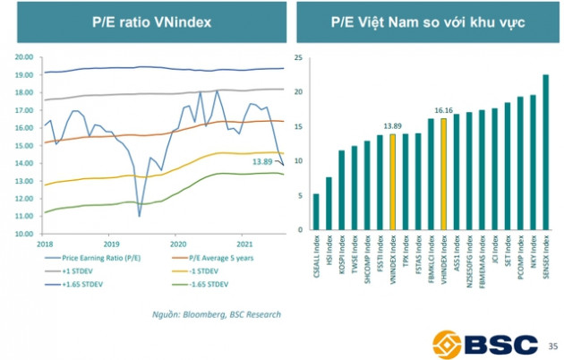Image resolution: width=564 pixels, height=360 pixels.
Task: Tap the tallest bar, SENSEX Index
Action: [546, 151]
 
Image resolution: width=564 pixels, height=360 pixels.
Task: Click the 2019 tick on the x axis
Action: [110, 243]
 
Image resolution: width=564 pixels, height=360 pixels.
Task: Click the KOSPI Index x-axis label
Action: [341, 260]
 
